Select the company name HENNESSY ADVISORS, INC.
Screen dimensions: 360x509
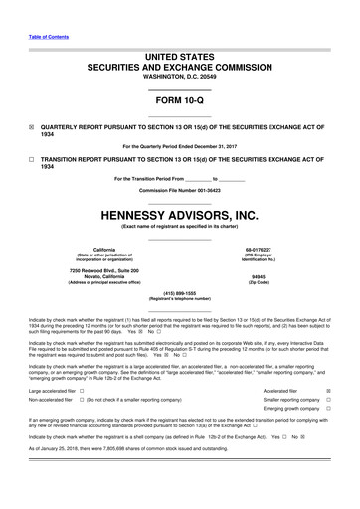(x=180, y=213)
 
